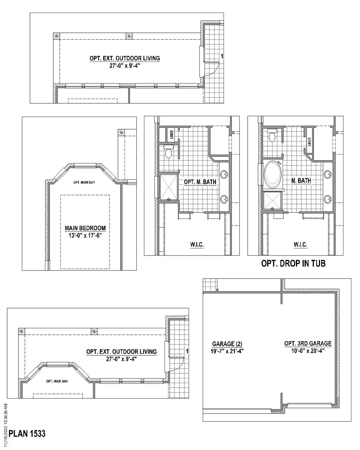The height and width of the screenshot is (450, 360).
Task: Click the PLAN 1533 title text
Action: click(27, 433)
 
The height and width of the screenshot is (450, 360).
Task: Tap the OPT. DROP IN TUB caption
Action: click(293, 264)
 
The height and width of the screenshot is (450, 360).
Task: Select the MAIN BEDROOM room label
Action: click(85, 228)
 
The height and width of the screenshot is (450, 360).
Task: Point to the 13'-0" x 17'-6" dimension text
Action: click(85, 234)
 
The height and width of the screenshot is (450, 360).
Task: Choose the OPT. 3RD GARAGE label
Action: click(308, 343)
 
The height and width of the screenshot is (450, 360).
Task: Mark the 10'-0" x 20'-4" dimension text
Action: click(308, 351)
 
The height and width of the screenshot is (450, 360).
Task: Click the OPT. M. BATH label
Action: click(200, 182)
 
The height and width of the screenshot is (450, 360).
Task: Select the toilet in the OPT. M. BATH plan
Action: click(169, 152)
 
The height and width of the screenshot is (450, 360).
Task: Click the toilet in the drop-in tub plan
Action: click(273, 135)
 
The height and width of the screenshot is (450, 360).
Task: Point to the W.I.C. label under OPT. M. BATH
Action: click(197, 245)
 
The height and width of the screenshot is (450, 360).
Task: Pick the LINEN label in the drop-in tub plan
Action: click(309, 143)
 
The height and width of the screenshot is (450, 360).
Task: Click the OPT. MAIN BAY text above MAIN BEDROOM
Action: click(84, 183)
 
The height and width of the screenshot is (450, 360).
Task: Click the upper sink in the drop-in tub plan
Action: click(328, 175)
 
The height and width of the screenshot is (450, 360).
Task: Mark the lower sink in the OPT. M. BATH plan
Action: click(224, 198)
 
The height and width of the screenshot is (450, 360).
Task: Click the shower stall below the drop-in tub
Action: click(273, 201)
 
